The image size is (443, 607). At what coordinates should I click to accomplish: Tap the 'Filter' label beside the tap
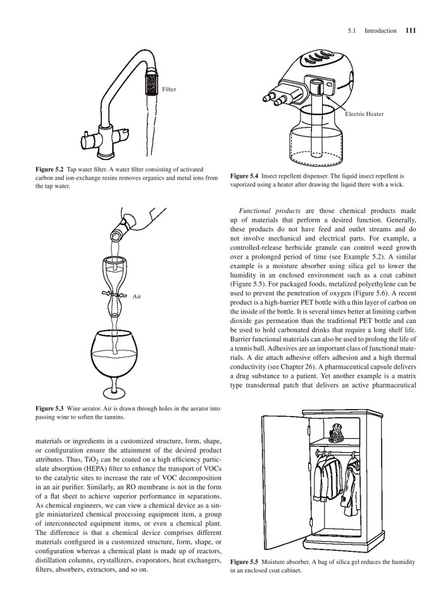pyautogui.click(x=169, y=89)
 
